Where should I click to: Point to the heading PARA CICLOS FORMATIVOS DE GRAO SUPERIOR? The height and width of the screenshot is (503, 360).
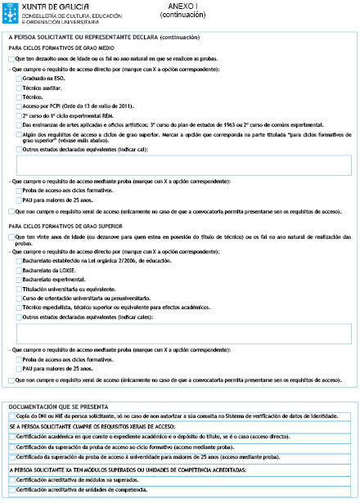pyautogui.click(x=59, y=225)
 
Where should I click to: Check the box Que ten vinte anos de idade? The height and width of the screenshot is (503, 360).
pyautogui.click(x=11, y=236)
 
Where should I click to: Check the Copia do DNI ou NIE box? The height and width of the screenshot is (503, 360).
pyautogui.click(x=11, y=416)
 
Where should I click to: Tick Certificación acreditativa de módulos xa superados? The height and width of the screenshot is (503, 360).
pyautogui.click(x=11, y=479)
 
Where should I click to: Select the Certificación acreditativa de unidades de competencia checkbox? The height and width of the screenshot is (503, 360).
pyautogui.click(x=11, y=489)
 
